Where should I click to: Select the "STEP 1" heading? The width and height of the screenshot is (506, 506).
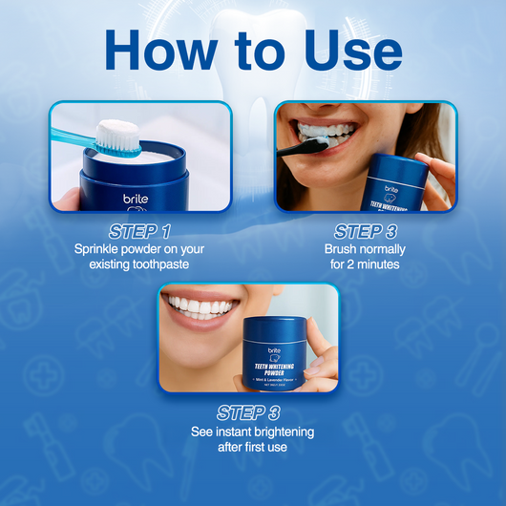139,231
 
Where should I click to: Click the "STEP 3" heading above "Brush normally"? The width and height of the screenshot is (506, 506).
366,231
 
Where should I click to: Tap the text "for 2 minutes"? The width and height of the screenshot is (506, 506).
366,264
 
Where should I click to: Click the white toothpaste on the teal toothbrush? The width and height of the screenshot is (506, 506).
119,133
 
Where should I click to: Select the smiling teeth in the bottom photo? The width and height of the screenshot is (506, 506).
201,307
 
